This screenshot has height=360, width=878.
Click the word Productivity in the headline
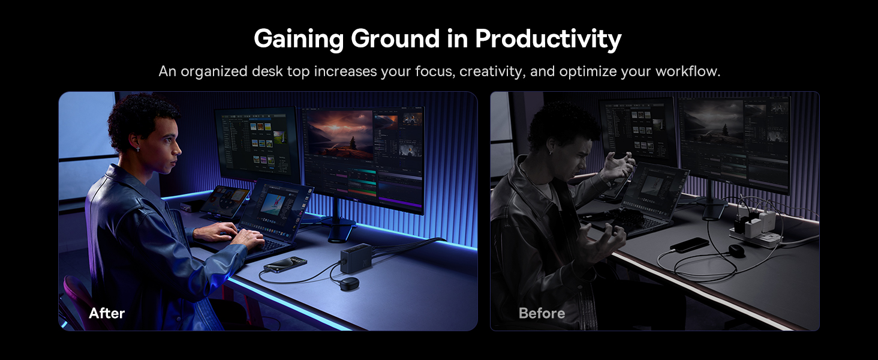(548, 39)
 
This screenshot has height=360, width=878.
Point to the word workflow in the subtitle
(687, 71)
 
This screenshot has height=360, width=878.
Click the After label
(107, 313)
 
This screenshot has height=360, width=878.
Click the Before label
(542, 313)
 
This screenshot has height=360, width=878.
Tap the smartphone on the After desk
(285, 265)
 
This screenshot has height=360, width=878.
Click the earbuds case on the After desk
(349, 283)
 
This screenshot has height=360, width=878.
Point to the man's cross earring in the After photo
(138, 149)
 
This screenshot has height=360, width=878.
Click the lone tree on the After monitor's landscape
(353, 143)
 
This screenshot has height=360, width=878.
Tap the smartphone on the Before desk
(690, 245)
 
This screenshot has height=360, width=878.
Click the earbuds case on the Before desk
(735, 250)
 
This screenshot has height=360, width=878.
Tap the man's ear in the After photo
(134, 141)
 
